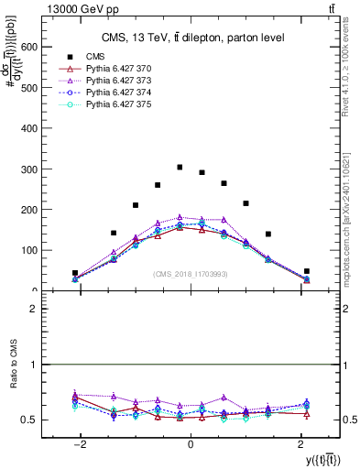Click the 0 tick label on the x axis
[x=191, y=444]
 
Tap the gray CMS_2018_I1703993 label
[x=190, y=274]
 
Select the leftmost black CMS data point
[x=75, y=273]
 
